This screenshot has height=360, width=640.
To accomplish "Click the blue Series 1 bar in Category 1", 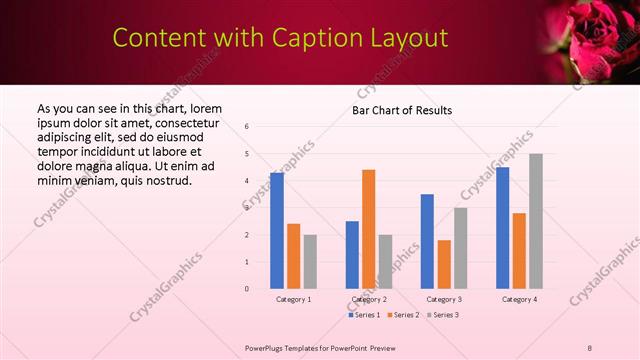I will [277, 231].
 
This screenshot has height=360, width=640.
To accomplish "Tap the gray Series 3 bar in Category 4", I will [536, 221].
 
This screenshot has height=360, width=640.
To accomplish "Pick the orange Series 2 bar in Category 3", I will [444, 264].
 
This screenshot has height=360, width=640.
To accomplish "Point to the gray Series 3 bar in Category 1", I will [310, 262].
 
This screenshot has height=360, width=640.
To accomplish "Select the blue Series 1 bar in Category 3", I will [427, 241].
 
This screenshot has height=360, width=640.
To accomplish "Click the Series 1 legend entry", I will [364, 315].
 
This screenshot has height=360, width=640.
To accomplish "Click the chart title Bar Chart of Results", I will [402, 109].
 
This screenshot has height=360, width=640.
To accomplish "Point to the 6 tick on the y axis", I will [247, 126].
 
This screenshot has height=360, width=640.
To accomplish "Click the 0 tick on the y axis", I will [247, 289].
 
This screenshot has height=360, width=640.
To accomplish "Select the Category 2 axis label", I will [369, 299].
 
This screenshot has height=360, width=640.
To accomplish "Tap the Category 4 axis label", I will [519, 299].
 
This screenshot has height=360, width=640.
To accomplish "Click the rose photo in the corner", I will [596, 40].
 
